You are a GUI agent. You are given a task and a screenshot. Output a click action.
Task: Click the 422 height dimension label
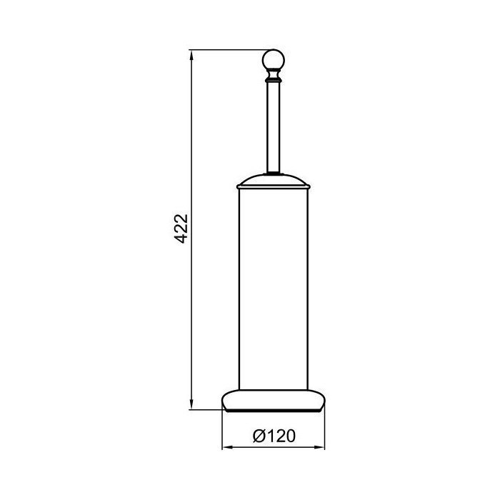(x=182, y=229)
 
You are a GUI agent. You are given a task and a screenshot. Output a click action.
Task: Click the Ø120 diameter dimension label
(x=274, y=436)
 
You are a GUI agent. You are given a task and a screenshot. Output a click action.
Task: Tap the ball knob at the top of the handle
(x=274, y=59)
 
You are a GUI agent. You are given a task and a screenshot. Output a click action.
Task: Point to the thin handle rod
(x=274, y=128)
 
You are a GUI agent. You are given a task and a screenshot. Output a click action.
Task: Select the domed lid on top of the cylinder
(x=274, y=180)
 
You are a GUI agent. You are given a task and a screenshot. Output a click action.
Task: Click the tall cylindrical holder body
(x=274, y=289)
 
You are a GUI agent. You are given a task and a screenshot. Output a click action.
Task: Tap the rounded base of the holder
(x=274, y=401)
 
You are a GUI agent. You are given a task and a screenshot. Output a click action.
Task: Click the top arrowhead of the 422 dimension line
(x=191, y=55)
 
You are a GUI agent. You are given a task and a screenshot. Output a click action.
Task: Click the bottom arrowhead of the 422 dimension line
(x=191, y=404)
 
